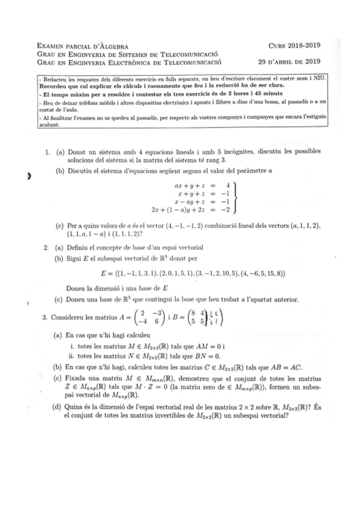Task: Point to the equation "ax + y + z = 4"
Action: pos(203,185)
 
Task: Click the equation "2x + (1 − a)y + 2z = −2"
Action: pos(191,210)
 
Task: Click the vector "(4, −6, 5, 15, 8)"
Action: pos(258,274)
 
